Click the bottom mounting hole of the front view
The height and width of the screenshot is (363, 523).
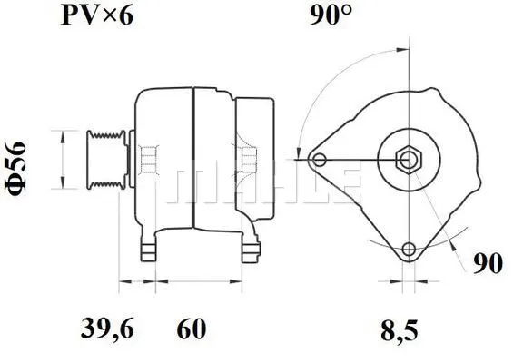[x=410, y=249]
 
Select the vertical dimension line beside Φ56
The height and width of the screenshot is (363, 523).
[x=62, y=160]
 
